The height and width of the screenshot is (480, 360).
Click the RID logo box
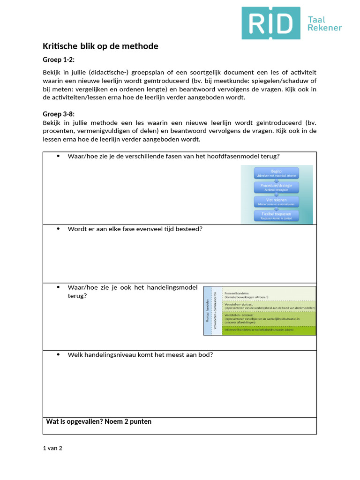coord(271,23)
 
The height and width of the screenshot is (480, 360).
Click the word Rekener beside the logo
coord(324,28)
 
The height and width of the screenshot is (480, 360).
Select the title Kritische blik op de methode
coord(100,46)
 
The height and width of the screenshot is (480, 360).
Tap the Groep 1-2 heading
coord(59,60)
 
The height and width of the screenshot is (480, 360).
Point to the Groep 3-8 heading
coord(59,114)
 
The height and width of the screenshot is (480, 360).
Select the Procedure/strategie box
coord(276,187)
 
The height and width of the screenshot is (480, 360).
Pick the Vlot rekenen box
coord(276,202)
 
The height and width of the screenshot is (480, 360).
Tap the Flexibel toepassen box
coord(276,216)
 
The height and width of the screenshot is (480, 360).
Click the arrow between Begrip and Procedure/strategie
coord(276,180)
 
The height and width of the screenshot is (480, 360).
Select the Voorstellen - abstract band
coord(269,306)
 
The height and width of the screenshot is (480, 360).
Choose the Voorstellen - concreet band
coord(269,318)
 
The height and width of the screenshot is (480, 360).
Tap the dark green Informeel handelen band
coord(269,330)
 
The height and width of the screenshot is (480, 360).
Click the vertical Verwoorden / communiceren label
coord(215,311)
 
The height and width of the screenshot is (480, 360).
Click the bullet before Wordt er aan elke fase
coord(59,229)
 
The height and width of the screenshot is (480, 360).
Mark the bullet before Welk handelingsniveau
coord(59,354)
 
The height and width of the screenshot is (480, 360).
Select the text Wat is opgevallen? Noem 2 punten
coord(98,421)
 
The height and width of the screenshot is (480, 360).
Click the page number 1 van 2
coord(52,448)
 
